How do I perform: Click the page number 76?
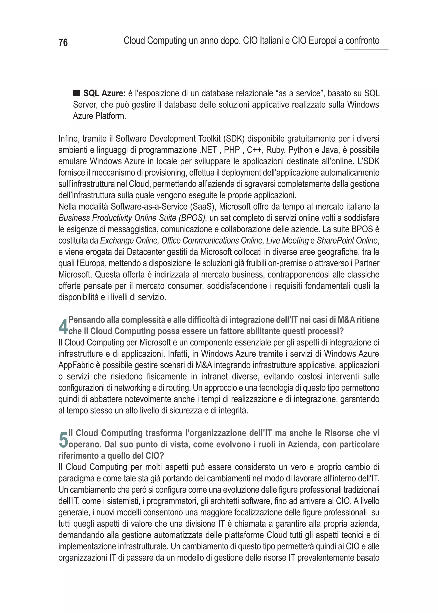(63, 43)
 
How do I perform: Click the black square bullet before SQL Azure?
(77, 93)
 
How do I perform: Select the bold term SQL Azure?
(104, 93)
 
